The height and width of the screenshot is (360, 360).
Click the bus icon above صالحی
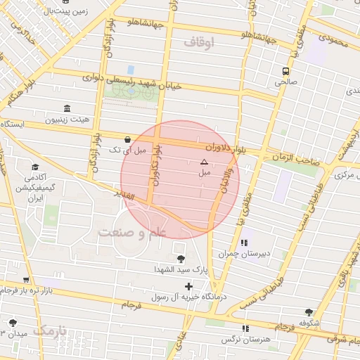point(285,71)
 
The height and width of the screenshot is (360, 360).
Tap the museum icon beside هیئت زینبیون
point(67,109)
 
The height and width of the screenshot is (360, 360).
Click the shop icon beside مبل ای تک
point(127,139)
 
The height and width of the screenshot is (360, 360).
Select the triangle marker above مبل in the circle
point(204,162)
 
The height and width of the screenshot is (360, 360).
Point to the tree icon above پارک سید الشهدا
point(181,259)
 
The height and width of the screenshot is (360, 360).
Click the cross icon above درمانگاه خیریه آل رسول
point(188,286)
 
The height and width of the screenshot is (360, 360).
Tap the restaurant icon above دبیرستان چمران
point(243,243)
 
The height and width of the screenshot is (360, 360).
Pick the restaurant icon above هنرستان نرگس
point(244,328)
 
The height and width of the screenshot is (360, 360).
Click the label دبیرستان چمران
point(262,254)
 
